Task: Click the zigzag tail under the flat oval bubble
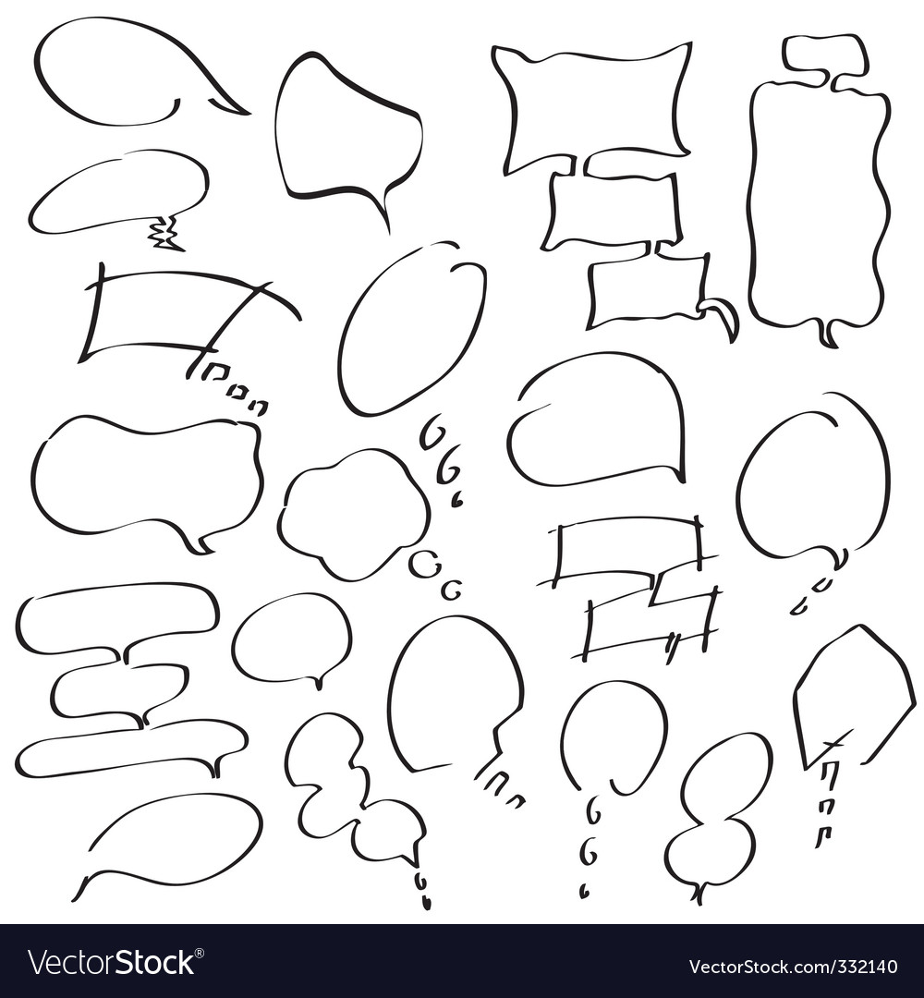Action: click(165, 234)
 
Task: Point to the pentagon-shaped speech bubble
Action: click(853, 693)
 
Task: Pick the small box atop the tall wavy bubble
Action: click(824, 55)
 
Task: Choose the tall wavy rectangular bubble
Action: click(818, 203)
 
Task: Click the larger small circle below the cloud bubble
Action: click(423, 564)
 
